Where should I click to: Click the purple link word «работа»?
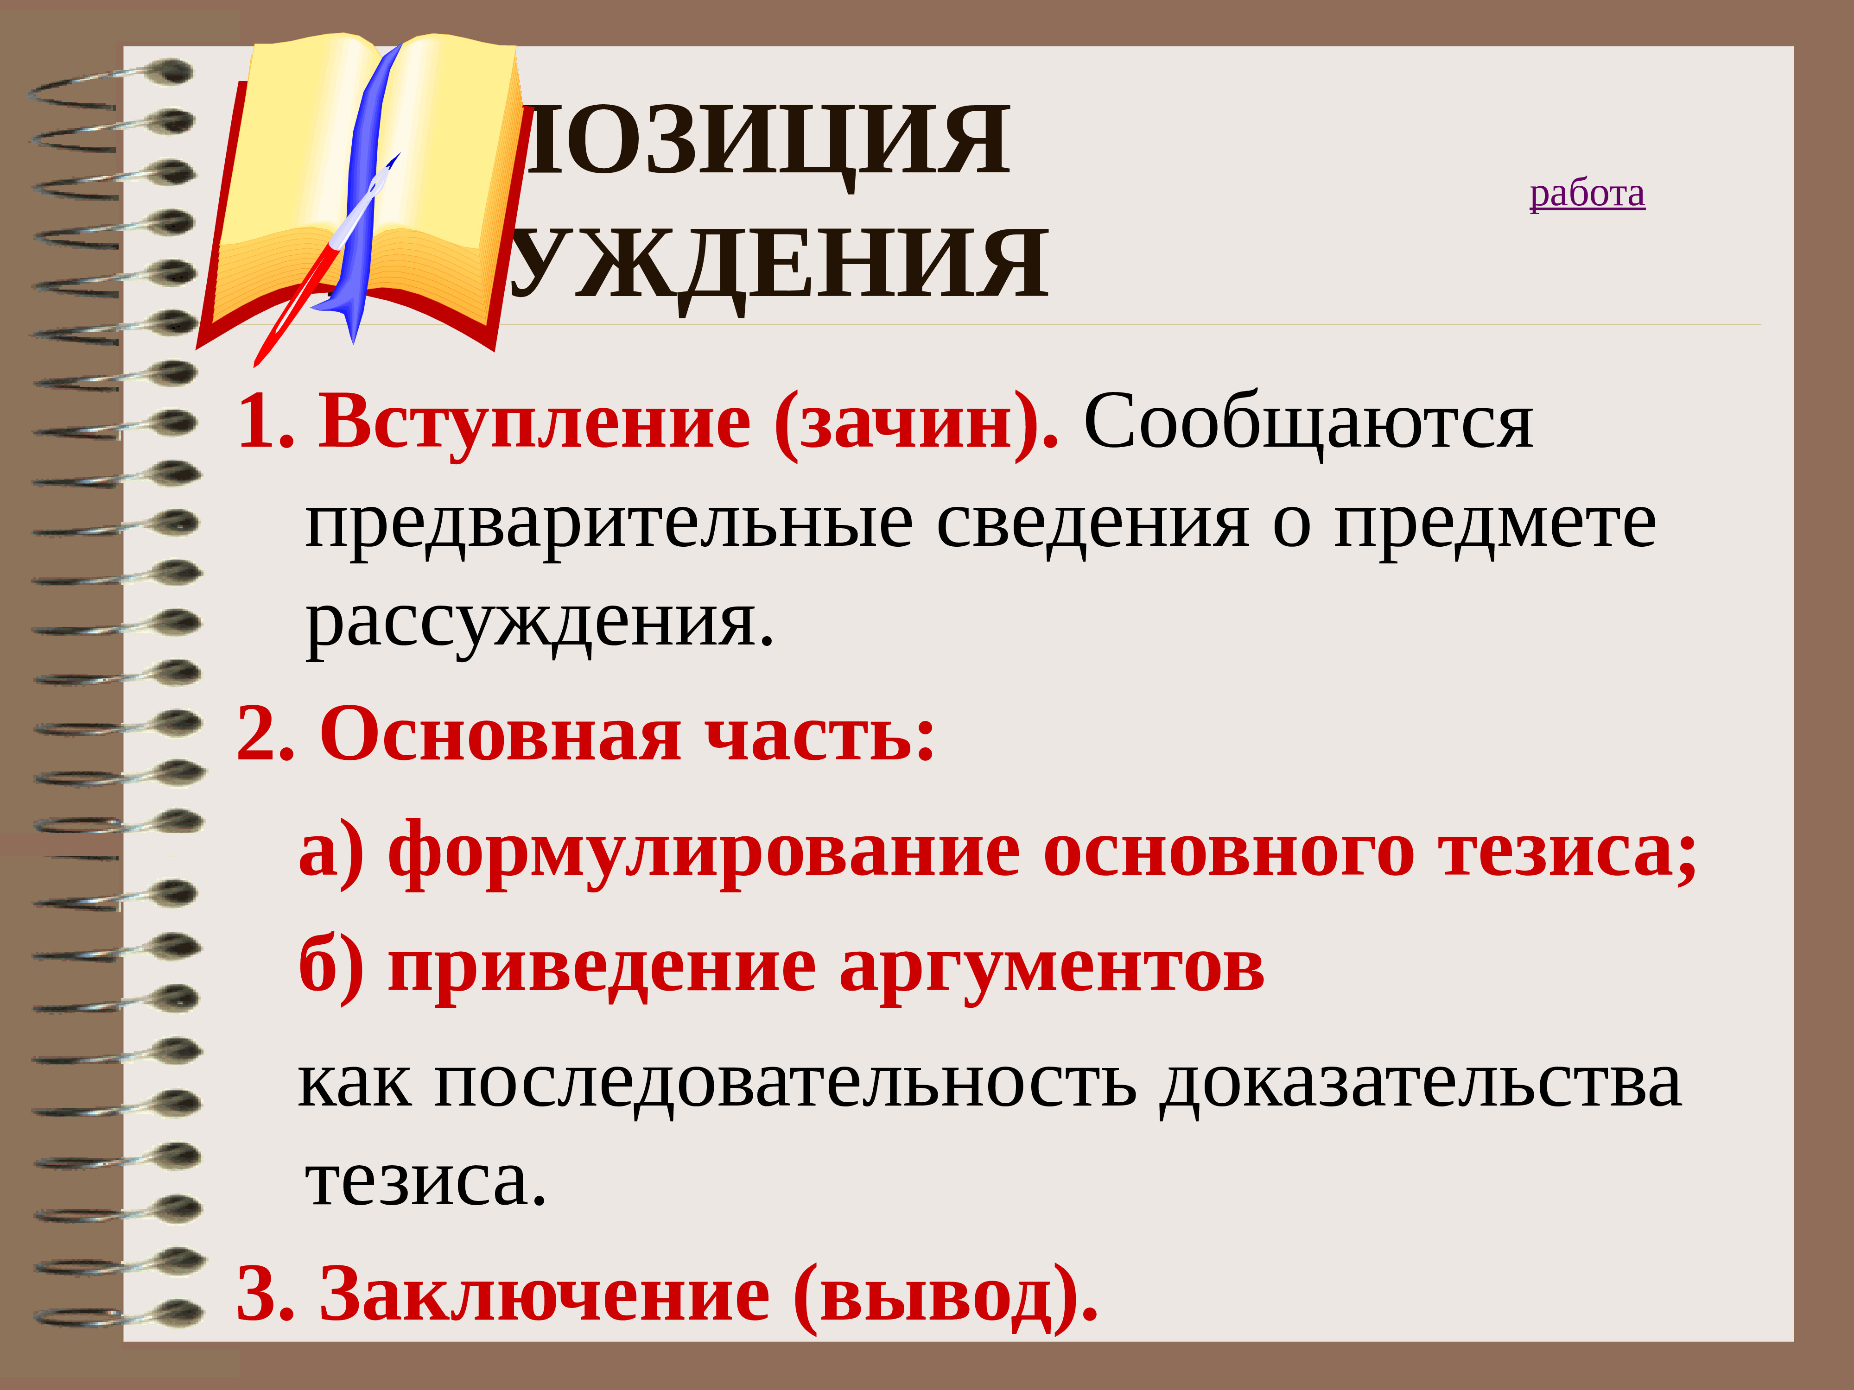click(x=1587, y=195)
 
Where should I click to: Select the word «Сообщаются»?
click(x=1308, y=423)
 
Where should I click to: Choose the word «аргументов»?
click(x=1051, y=968)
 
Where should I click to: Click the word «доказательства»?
click(x=1421, y=1083)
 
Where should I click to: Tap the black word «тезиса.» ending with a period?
click(x=426, y=1181)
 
